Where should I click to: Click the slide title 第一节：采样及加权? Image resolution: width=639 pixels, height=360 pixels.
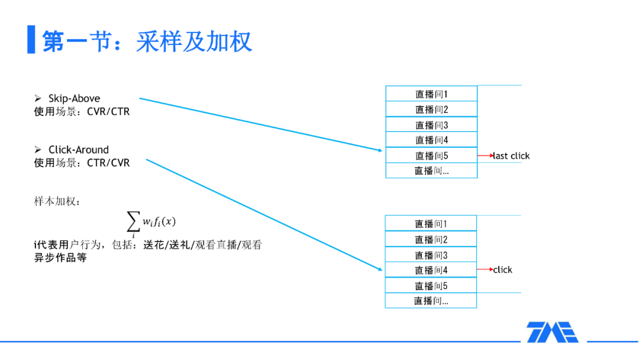tap(147, 41)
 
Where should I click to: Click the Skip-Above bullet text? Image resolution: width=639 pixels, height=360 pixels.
tap(74, 98)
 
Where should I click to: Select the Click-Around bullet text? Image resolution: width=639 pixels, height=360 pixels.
tap(78, 150)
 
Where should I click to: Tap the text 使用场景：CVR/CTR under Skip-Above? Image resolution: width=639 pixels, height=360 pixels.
tap(82, 111)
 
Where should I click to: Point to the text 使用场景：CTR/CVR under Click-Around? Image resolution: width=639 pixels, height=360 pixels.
tap(82, 162)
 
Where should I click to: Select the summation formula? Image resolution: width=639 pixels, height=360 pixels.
tap(151, 223)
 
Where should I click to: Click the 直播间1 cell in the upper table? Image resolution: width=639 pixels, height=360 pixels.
tap(431, 94)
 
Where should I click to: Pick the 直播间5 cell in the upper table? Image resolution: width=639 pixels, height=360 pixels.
tap(431, 156)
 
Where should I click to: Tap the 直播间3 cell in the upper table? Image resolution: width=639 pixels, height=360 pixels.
tap(431, 125)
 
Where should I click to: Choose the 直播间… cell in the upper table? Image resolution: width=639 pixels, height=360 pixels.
tap(431, 171)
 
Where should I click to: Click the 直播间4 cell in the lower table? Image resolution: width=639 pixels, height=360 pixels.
tap(431, 270)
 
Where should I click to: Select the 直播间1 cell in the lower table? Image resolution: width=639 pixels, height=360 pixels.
tap(431, 224)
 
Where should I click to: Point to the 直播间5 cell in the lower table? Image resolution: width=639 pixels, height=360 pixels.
tap(431, 285)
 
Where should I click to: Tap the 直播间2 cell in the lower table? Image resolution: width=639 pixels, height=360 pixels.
tap(431, 239)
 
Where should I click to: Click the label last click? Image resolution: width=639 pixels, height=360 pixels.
tap(512, 156)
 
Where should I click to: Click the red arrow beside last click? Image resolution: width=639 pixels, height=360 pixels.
tap(485, 156)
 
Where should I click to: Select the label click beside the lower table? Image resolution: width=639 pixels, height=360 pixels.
tap(503, 270)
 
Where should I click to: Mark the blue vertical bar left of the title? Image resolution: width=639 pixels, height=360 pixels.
tap(31, 40)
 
